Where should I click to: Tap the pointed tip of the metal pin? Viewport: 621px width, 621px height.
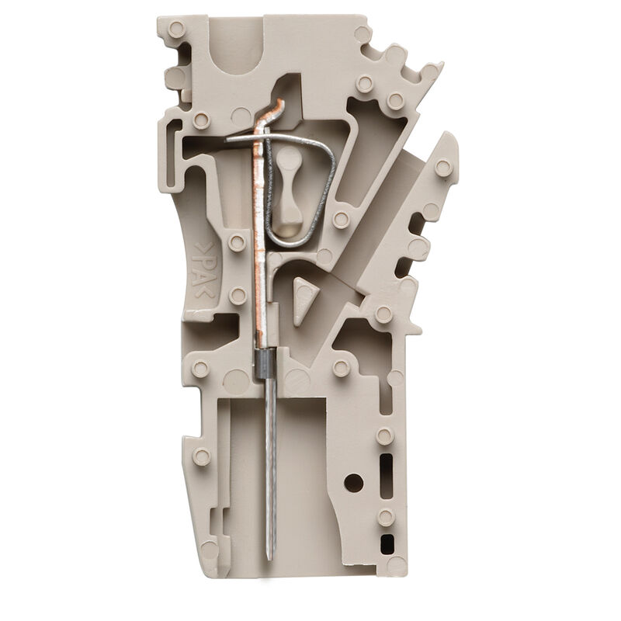269,557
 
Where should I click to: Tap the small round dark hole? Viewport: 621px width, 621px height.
353,482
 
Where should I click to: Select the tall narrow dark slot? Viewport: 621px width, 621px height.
386,474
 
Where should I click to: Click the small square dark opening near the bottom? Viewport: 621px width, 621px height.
386,544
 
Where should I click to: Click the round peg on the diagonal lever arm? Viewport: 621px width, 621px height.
443,168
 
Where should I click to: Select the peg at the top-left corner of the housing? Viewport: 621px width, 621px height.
176,29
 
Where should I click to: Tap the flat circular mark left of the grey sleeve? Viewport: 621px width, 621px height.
236,380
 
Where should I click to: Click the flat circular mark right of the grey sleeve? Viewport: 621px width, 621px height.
297,380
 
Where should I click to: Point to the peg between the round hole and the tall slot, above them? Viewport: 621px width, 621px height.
384,436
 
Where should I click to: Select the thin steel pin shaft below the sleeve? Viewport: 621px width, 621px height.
268,466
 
